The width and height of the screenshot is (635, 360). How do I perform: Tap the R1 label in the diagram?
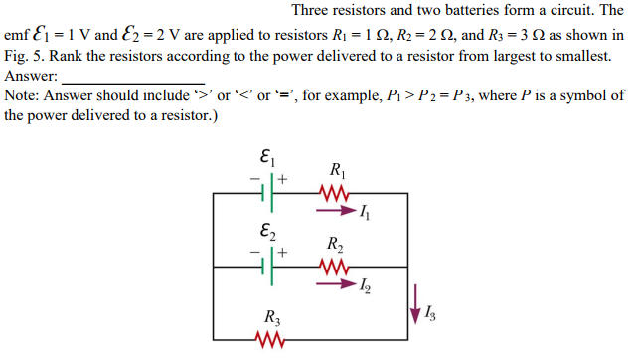coord(336,169)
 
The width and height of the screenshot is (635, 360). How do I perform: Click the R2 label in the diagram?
coord(336,245)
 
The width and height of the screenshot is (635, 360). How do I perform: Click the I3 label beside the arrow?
coord(430,316)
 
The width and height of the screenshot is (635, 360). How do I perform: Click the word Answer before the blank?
coord(30,76)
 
